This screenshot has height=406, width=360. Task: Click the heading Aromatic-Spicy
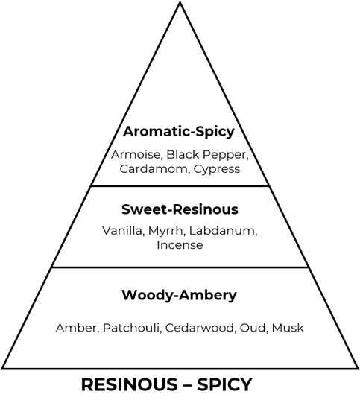tap(179, 132)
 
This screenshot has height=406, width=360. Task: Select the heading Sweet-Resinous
tap(180, 209)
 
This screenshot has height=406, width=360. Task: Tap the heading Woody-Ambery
tap(179, 295)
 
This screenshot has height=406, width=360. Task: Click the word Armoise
tap(136, 155)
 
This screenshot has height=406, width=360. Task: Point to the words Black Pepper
tap(207, 155)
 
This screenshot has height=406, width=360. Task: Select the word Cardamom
tap(155, 169)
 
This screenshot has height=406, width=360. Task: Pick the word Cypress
tap(217, 170)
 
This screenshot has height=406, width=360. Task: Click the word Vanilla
tap(123, 231)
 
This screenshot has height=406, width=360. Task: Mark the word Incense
tap(180, 245)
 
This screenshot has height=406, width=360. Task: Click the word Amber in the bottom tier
tap(78, 328)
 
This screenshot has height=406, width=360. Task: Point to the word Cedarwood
tap(200, 328)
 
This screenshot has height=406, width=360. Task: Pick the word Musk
tap(288, 328)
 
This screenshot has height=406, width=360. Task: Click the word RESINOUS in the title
tap(129, 384)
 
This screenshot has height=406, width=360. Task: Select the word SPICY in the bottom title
tap(224, 384)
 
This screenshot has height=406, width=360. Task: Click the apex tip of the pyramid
tap(180, 2)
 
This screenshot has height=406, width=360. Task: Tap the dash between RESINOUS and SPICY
tap(187, 385)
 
